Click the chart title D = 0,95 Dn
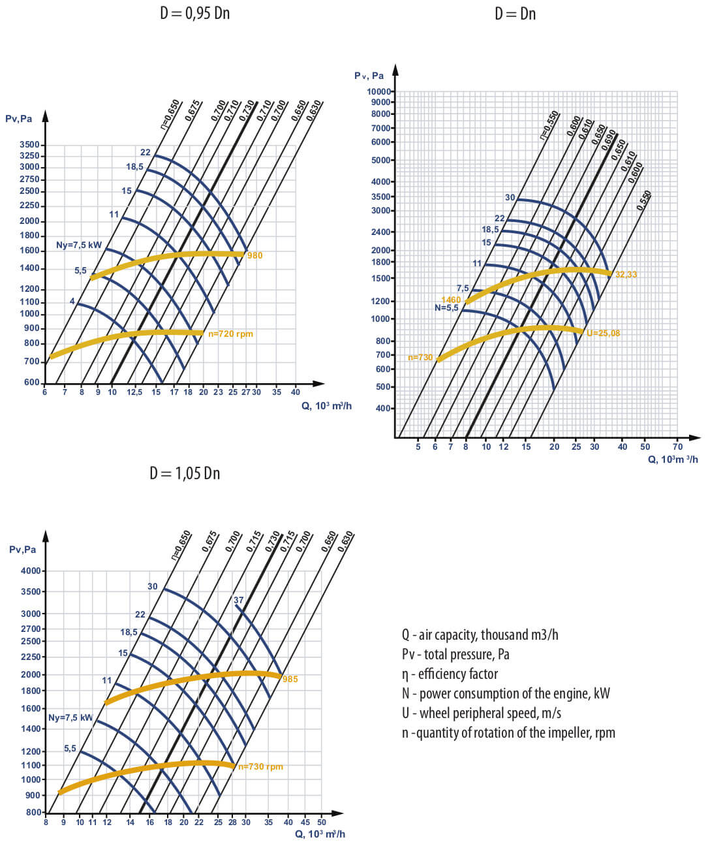click(194, 13)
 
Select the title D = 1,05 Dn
click(185, 473)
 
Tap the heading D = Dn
click(515, 13)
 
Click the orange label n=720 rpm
click(230, 334)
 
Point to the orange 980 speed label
click(254, 255)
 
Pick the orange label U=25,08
click(603, 333)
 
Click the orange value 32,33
click(626, 274)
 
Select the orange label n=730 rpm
click(260, 766)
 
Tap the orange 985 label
click(290, 680)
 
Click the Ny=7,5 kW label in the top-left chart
click(79, 245)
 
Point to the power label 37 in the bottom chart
click(238, 600)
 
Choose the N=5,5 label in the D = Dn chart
click(447, 307)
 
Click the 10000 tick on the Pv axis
click(379, 91)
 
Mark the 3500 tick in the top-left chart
click(30, 145)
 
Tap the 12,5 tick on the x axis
click(134, 392)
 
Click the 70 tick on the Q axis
click(677, 446)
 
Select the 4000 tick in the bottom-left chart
click(31, 571)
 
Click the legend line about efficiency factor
click(450, 674)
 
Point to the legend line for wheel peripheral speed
click(481, 713)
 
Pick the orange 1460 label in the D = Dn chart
click(451, 300)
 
